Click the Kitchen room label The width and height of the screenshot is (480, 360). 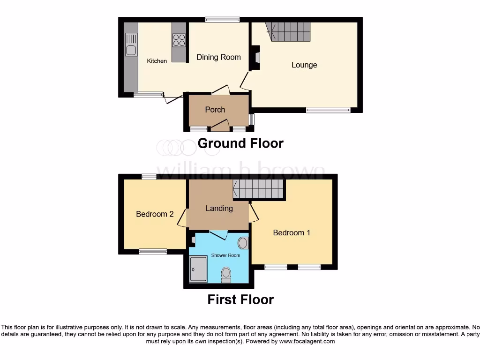click(x=157, y=61)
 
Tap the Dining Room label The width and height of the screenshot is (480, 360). click(x=218, y=57)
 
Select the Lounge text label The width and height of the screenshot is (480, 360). click(x=304, y=65)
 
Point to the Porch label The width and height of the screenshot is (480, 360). click(x=215, y=110)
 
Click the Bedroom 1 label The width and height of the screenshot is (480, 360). click(x=292, y=232)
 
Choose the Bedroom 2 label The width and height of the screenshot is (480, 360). click(x=155, y=214)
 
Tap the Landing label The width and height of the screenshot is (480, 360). click(x=219, y=208)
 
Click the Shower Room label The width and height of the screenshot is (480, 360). click(x=226, y=255)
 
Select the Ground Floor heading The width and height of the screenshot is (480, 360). click(x=240, y=143)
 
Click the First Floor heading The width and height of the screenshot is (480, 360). click(x=240, y=300)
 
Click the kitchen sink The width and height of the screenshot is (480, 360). click(x=131, y=50)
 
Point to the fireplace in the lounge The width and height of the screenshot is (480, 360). click(x=256, y=57)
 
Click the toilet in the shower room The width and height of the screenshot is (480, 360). click(x=226, y=274)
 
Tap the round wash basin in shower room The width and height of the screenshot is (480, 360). click(x=243, y=243)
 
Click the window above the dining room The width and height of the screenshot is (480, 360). click(x=222, y=20)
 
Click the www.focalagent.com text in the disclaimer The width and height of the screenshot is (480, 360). click(x=307, y=342)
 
